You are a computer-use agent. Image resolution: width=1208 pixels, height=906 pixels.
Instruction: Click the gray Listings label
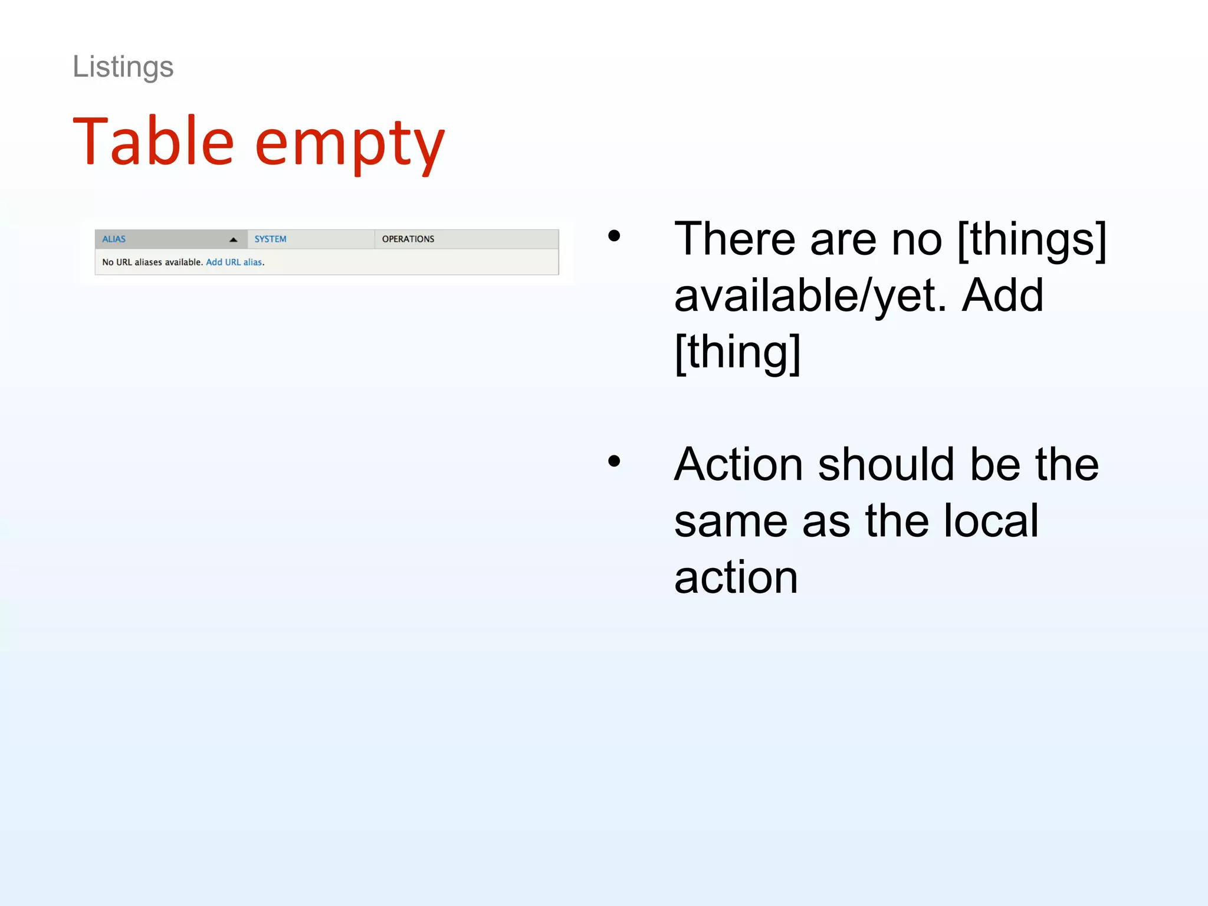pos(123,67)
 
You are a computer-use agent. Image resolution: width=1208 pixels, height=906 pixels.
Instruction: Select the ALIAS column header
pos(114,239)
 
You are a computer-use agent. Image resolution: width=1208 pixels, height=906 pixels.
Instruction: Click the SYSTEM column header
pos(270,239)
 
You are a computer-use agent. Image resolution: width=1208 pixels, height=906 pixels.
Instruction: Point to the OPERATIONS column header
pos(408,239)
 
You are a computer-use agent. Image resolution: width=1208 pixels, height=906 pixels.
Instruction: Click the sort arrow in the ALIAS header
pos(234,239)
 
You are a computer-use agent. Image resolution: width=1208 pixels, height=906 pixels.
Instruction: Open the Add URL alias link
pos(234,262)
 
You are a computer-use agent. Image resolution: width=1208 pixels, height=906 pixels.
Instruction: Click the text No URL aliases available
pos(152,262)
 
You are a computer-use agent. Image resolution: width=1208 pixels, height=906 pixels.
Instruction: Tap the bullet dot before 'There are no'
pos(614,236)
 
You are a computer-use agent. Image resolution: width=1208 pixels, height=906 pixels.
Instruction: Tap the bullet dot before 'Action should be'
pos(614,461)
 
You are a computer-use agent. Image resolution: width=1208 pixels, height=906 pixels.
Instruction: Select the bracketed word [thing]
pos(737,352)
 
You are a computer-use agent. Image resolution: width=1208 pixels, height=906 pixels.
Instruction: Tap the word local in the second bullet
pos(991,521)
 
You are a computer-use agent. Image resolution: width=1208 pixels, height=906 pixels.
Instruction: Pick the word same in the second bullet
pos(731,521)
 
